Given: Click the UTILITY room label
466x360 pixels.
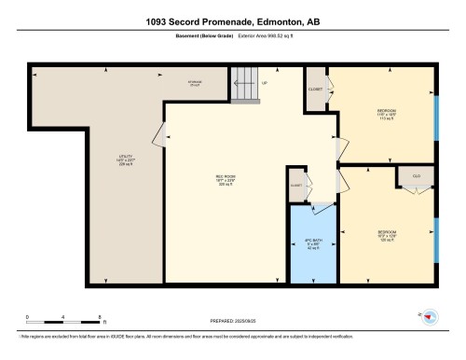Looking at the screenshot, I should (x=128, y=158).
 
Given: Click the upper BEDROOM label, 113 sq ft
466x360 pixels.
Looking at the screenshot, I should (x=383, y=114).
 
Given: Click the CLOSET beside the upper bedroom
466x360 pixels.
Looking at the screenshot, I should (x=315, y=89).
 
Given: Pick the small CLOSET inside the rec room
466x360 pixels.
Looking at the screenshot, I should (x=296, y=184).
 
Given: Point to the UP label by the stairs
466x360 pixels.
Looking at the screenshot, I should (x=266, y=82).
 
